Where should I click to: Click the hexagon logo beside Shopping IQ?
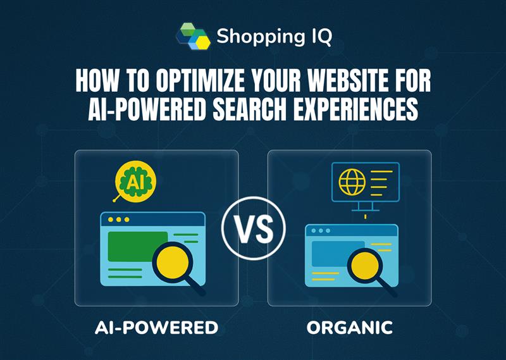(x=194, y=36)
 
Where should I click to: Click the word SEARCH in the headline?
(x=249, y=109)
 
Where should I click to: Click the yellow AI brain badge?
(x=135, y=182)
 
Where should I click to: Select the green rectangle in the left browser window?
(x=138, y=247)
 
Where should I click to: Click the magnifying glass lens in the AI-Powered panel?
(x=173, y=262)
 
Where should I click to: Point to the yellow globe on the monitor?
(x=352, y=182)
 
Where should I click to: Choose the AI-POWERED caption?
(x=156, y=328)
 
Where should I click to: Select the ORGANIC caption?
(x=350, y=328)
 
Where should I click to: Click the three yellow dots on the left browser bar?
(x=119, y=220)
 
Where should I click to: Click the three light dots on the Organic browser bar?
(x=321, y=230)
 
